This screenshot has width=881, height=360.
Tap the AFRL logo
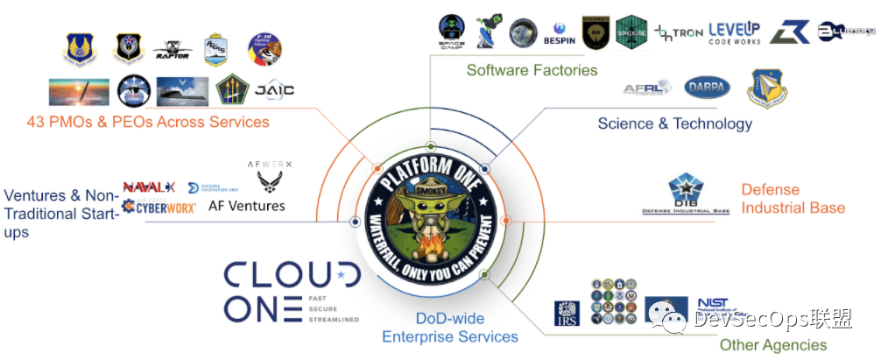647,88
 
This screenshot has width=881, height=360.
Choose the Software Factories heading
532,69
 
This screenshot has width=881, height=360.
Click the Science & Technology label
674,124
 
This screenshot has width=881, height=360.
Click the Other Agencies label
772,345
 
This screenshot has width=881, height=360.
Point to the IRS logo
567,313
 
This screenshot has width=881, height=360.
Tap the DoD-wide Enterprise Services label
449,328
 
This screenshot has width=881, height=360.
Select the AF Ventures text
246,206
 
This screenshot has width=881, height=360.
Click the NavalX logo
149,187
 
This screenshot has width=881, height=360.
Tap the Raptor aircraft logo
171,51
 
